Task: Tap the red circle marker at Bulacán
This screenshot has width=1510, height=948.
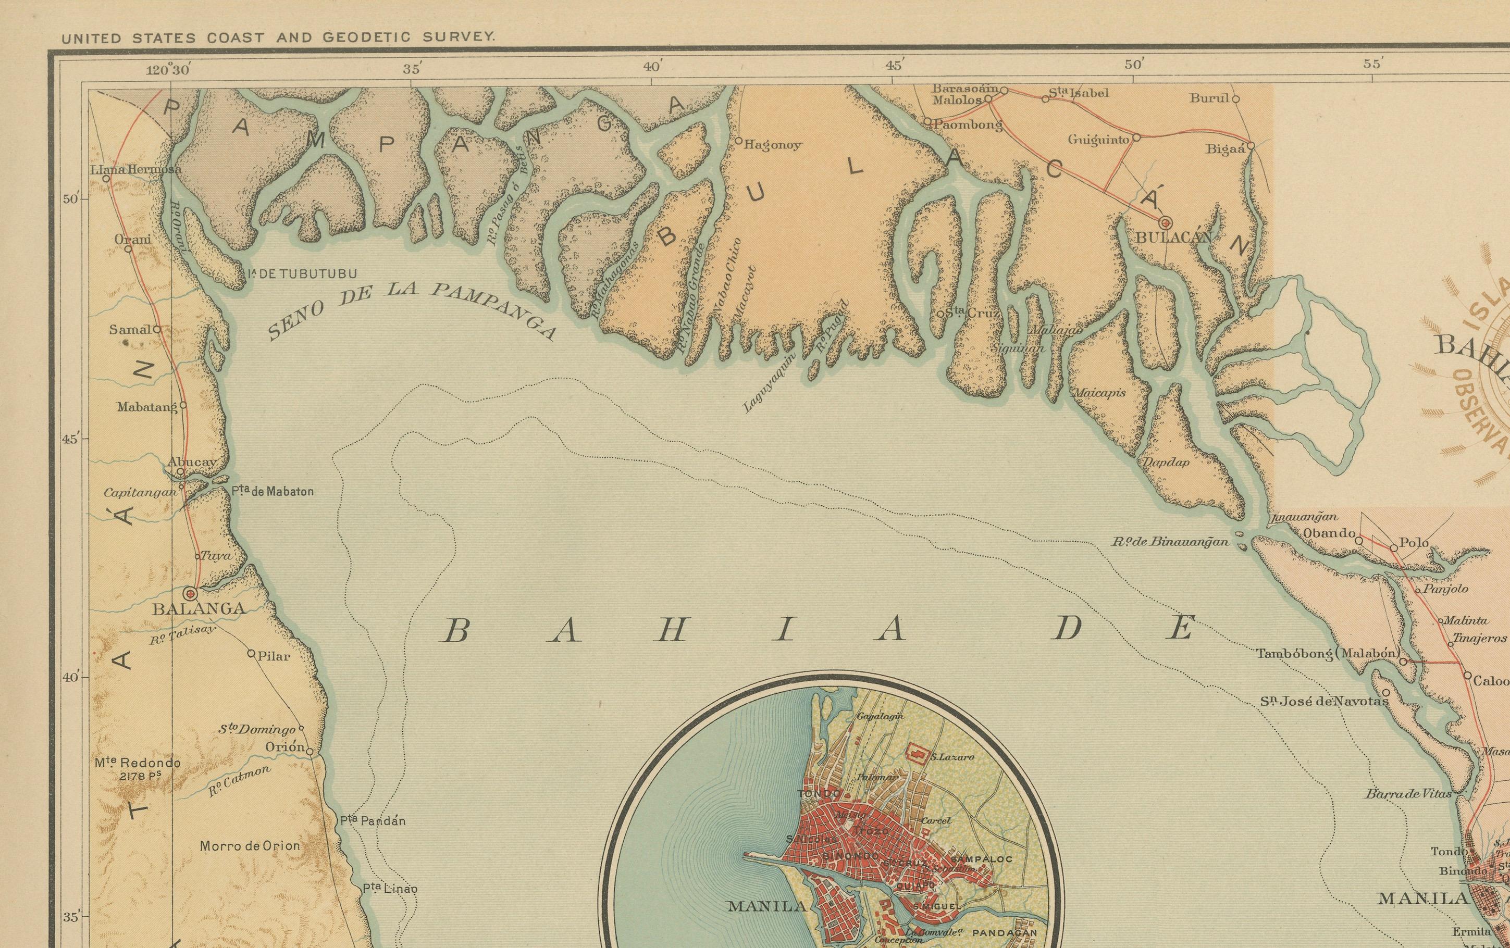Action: point(1166,222)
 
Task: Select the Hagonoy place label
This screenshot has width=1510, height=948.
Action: point(773,145)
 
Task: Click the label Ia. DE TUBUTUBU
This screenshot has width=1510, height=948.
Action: point(302,274)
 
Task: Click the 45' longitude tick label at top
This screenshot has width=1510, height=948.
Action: point(893,66)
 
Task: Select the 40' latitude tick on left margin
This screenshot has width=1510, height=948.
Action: point(70,677)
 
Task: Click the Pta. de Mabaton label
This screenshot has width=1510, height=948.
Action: point(272,492)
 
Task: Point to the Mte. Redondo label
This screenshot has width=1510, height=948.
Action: point(138,763)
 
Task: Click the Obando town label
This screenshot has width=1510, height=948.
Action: point(1329,533)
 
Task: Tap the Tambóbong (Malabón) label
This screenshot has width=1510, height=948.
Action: point(1327,653)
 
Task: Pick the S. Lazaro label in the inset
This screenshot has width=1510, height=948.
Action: point(952,757)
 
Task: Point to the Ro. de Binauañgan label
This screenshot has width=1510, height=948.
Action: point(1170,542)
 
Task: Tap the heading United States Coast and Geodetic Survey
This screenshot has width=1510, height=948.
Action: point(278,38)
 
